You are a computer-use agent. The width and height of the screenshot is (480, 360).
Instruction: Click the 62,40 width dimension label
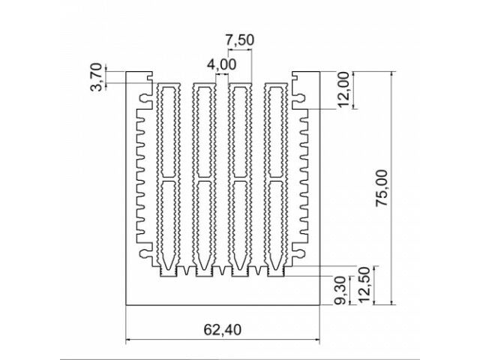[222, 330]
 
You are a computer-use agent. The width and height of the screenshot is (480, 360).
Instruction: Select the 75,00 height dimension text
[382, 187]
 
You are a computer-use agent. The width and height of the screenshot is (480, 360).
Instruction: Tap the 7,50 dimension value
[240, 40]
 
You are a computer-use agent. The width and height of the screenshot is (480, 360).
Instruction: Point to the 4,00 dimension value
[222, 64]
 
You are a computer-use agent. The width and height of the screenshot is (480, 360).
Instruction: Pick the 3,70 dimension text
[96, 77]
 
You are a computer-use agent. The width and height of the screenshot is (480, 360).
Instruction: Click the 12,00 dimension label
[343, 89]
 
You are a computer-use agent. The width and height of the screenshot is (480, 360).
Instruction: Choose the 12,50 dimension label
[364, 285]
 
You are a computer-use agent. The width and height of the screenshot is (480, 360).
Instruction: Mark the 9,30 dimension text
[340, 290]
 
